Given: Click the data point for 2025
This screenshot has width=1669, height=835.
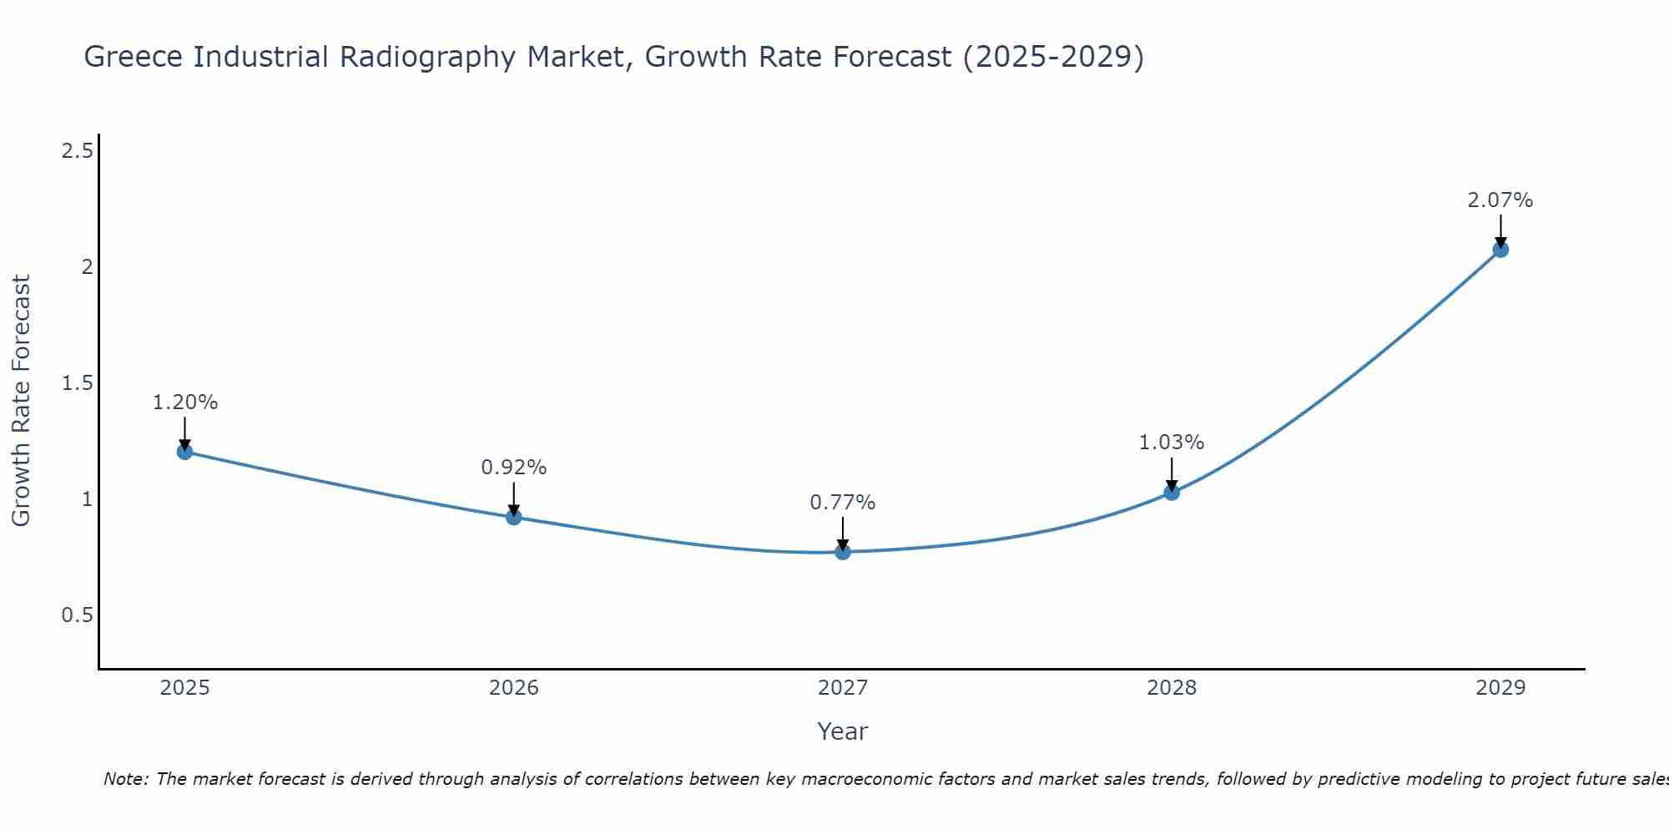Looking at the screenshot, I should point(184,452).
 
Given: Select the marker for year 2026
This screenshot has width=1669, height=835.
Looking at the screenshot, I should point(514,517).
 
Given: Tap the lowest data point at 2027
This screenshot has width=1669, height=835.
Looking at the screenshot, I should point(843,552).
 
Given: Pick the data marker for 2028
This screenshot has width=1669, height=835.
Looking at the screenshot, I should point(1172,492).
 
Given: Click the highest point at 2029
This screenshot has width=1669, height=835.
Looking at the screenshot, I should point(1500,249).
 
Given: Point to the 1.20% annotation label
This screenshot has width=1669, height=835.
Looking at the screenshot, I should point(184,402).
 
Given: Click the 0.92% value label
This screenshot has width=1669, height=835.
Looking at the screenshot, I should point(514,468).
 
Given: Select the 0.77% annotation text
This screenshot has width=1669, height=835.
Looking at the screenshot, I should point(843,503).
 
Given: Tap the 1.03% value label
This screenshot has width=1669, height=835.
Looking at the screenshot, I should point(1172,443).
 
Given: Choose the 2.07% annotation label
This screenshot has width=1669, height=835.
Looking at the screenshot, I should point(1500,200).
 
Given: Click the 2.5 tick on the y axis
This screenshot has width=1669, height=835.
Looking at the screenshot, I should point(77,151).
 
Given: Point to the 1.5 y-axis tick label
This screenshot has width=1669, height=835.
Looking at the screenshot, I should point(77,383).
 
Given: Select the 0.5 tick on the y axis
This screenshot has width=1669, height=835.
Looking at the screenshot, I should point(77,615).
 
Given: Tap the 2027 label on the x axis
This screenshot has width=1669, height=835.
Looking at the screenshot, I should point(843,688).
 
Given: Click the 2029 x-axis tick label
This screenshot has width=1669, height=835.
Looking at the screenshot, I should point(1500,688).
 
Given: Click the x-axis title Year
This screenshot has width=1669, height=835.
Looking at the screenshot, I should point(843,731).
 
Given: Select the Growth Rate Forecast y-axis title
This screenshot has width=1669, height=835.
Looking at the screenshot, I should point(22,400).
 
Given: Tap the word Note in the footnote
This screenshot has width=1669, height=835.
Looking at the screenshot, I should point(125,779).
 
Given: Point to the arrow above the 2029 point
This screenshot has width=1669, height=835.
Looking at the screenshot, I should point(1500,230).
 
